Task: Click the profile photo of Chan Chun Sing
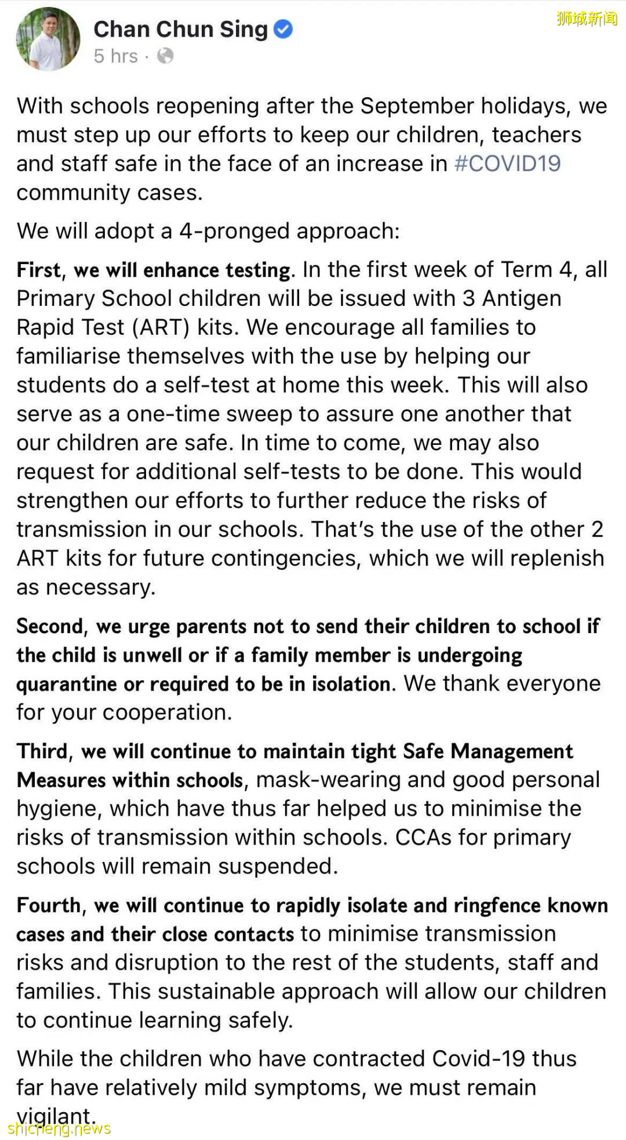point(48,39)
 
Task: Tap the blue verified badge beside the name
point(283,29)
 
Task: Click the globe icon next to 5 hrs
point(165,56)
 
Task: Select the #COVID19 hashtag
point(507,164)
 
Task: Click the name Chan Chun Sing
point(180,29)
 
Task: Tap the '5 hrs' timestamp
point(116,56)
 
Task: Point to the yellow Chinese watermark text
point(587,19)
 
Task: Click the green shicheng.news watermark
point(59,1128)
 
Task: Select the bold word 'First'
point(38,270)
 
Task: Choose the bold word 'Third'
point(42,751)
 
